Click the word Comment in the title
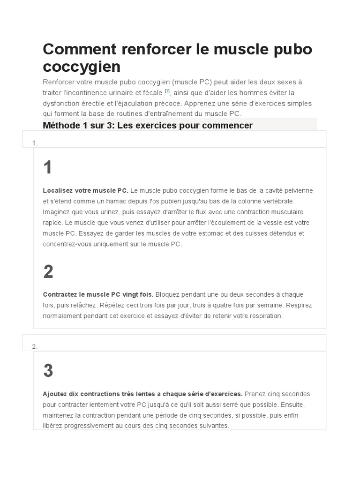point(77,49)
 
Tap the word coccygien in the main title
point(82,67)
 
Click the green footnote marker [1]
point(167,91)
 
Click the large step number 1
point(47,168)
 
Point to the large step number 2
point(48,272)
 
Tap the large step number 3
point(48,371)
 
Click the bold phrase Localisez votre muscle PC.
point(85,191)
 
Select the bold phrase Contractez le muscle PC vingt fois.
point(98,295)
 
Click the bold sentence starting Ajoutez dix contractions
point(142,394)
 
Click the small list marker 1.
point(35,143)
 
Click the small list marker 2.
point(35,347)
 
